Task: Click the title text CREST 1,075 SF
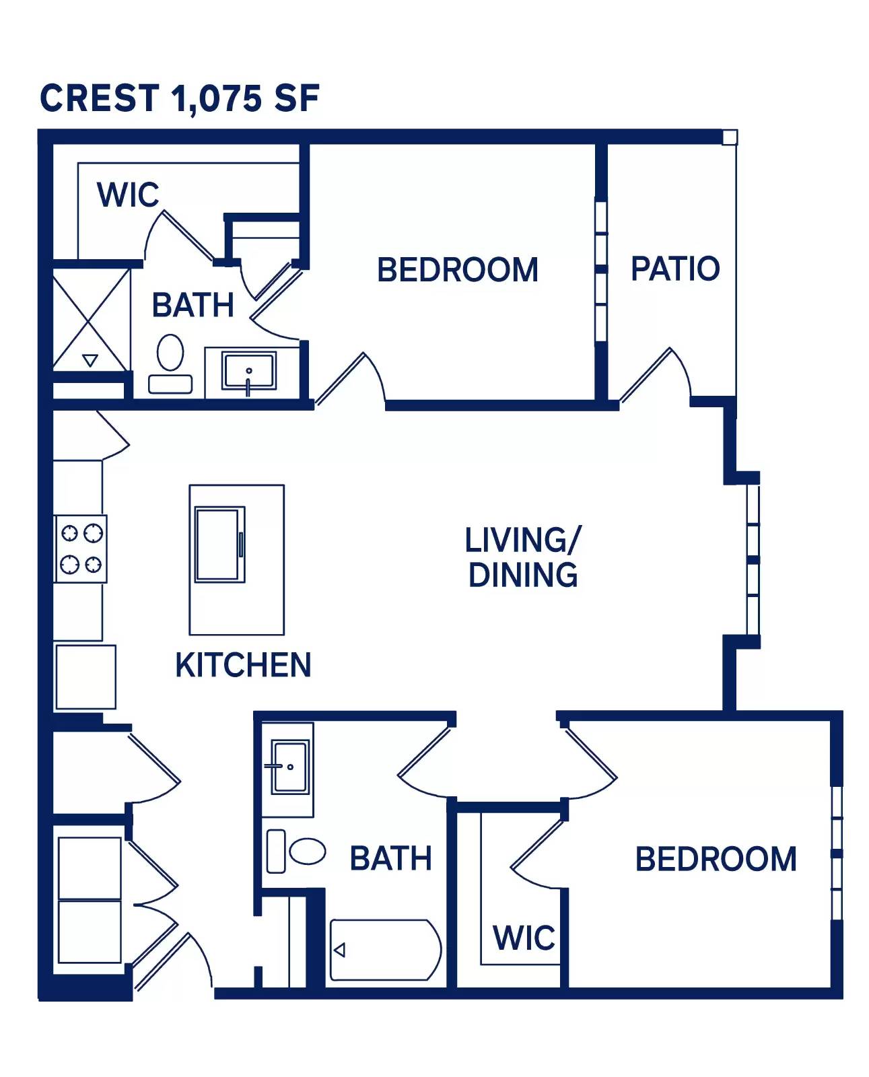(179, 98)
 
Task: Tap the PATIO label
(674, 269)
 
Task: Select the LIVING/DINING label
(522, 557)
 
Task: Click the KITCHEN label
(243, 665)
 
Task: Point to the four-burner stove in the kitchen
(81, 549)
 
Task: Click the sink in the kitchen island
(219, 545)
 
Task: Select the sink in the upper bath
(249, 371)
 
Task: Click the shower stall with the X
(90, 319)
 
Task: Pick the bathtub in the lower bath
(385, 950)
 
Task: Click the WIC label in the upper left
(128, 195)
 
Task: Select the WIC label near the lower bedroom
(524, 938)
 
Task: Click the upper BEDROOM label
(457, 270)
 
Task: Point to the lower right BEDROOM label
(716, 860)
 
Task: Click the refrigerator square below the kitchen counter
(85, 676)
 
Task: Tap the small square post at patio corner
(730, 138)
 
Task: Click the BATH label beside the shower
(193, 305)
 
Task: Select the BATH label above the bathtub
(390, 859)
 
